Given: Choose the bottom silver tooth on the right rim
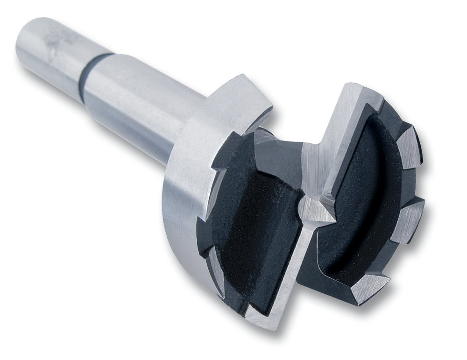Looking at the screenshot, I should click(x=369, y=287).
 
